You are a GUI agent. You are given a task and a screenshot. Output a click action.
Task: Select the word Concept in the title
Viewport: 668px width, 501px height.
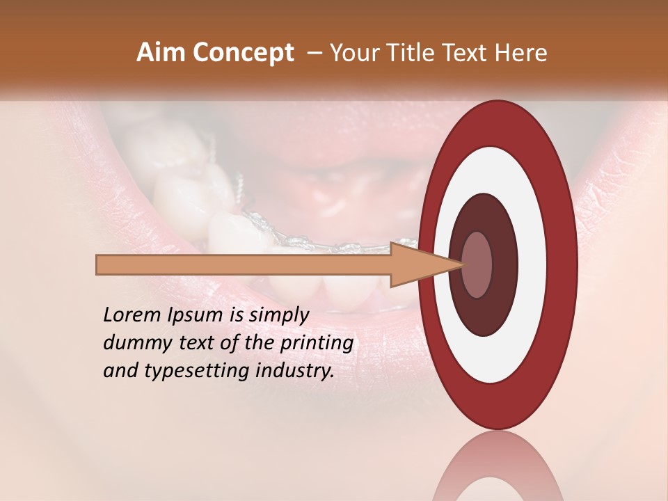click(244, 53)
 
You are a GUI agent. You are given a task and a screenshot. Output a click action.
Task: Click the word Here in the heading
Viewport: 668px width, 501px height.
click(522, 53)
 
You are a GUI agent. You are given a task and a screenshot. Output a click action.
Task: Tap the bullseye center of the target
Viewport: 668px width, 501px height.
click(477, 265)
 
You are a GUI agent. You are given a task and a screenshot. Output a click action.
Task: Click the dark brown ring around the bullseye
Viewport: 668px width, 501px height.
click(504, 265)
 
